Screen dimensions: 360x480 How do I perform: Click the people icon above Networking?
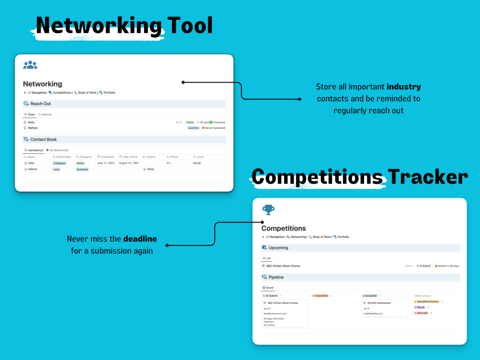tap(30, 64)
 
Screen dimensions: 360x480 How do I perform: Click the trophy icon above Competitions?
tap(268, 209)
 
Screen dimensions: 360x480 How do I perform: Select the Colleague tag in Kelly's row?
tap(60, 163)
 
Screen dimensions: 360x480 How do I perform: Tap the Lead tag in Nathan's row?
tap(56, 169)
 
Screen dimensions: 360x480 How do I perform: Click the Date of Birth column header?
tap(129, 157)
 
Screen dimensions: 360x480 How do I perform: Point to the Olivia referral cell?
tap(150, 169)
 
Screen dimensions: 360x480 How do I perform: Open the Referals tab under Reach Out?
tap(45, 115)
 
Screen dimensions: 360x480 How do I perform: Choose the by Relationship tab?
tap(58, 150)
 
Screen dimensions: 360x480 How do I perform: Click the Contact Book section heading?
tap(43, 139)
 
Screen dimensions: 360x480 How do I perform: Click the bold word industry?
tap(404, 87)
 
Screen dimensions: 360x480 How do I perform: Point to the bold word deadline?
tap(140, 239)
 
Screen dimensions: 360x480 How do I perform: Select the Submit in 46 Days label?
tap(447, 266)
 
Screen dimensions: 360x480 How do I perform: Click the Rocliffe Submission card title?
tap(379, 303)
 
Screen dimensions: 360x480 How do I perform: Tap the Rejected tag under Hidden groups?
tap(421, 313)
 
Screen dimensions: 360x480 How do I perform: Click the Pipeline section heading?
tap(276, 277)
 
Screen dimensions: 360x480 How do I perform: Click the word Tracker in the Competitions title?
tap(427, 177)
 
